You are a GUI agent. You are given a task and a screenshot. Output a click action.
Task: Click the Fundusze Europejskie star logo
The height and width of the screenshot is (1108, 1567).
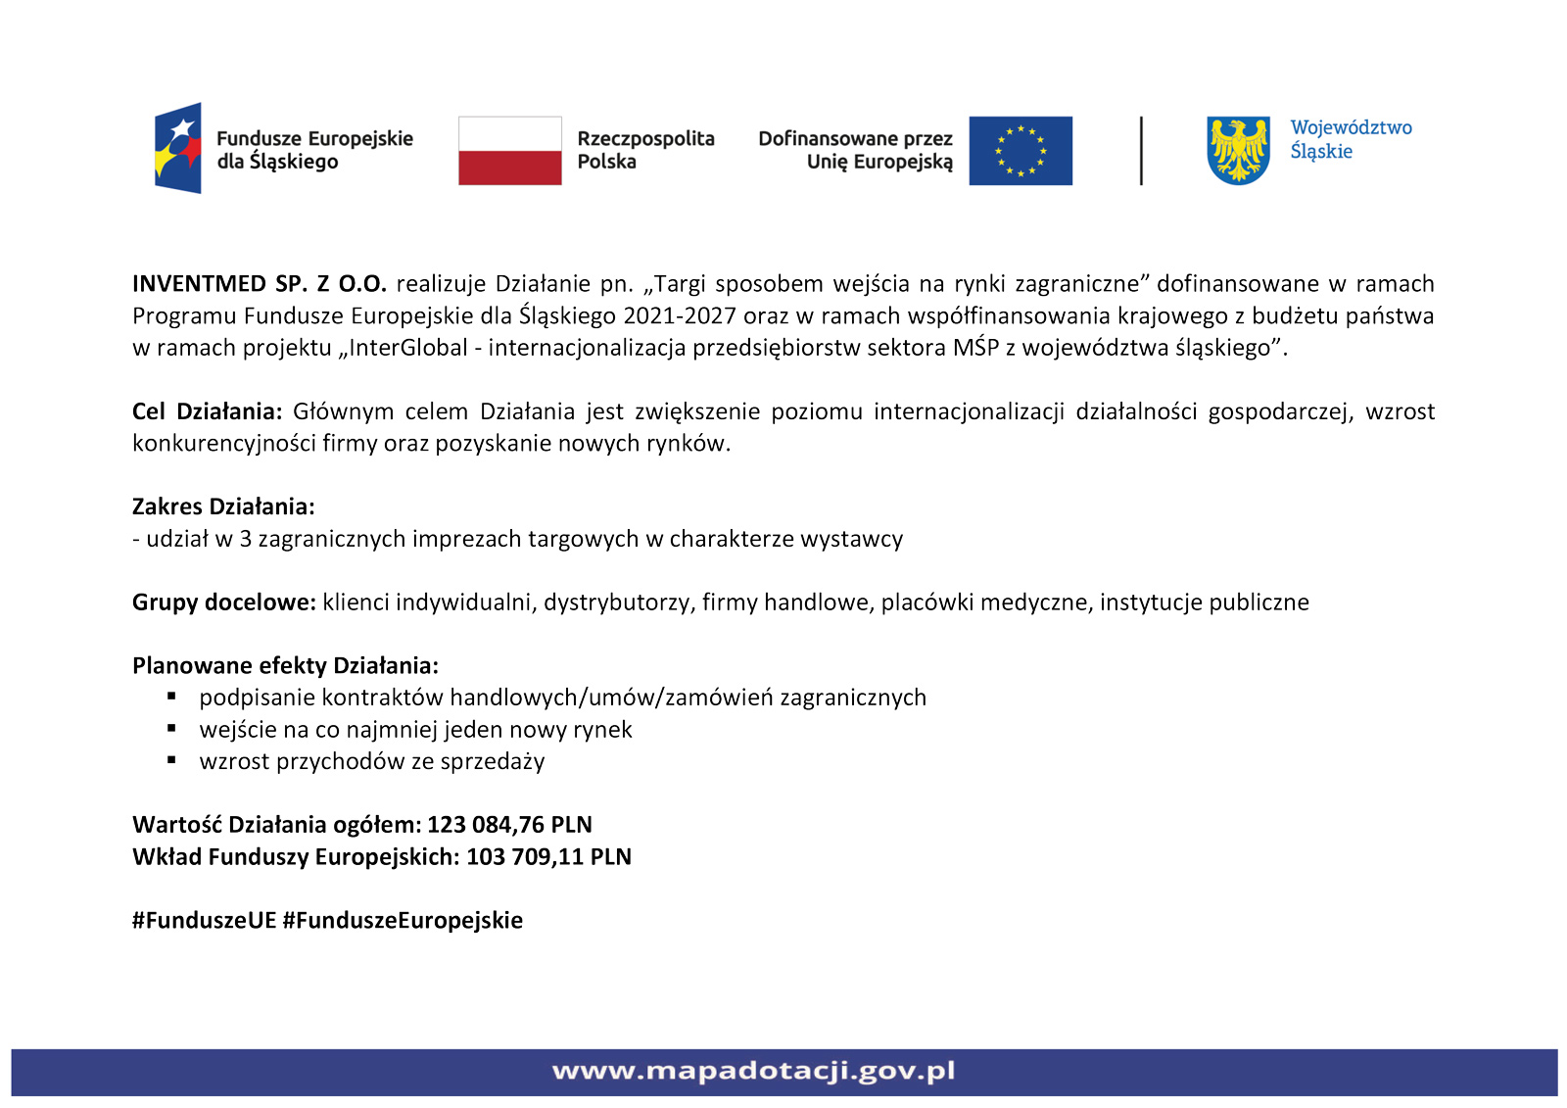[x=178, y=148]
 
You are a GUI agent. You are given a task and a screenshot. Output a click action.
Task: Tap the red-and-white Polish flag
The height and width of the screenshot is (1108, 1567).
[x=510, y=151]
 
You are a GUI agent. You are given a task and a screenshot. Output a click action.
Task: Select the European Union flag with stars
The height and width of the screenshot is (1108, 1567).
[x=1021, y=151]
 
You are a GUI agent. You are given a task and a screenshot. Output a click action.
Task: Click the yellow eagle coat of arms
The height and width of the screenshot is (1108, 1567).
[x=1239, y=150]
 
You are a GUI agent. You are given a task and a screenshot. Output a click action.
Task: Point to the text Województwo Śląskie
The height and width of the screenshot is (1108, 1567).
[x=1351, y=139]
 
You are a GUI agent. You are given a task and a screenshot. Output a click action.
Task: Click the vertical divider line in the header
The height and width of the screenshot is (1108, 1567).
[x=1141, y=151]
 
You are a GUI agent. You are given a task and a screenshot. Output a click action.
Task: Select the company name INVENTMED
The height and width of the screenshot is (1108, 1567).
[x=200, y=284]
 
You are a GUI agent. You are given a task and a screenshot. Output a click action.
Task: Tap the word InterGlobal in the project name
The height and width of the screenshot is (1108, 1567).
[x=408, y=348]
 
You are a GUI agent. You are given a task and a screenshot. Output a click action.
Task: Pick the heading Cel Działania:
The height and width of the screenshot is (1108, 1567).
[x=207, y=411]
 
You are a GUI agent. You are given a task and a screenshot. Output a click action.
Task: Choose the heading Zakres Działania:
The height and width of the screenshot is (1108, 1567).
[x=223, y=506]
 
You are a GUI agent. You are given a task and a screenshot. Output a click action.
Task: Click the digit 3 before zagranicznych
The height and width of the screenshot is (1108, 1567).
[x=246, y=539]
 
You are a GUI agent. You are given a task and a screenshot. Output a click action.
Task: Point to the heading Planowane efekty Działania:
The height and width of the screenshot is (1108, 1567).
[x=285, y=666]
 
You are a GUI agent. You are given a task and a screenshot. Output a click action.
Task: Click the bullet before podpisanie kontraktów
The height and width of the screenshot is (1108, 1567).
[x=172, y=697]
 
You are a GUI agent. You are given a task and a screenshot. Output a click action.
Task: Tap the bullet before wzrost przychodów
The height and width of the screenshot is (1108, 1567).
[x=172, y=760]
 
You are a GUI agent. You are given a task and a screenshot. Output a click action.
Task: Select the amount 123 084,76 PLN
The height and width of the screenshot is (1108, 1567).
[x=509, y=825]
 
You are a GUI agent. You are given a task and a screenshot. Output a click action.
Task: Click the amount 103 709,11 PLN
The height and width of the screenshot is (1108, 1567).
[x=548, y=857]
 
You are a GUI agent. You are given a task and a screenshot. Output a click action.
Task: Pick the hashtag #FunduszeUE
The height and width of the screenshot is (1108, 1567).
[x=205, y=921]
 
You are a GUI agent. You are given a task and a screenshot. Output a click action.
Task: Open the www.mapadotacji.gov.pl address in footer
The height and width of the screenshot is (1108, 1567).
[x=753, y=1071]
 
